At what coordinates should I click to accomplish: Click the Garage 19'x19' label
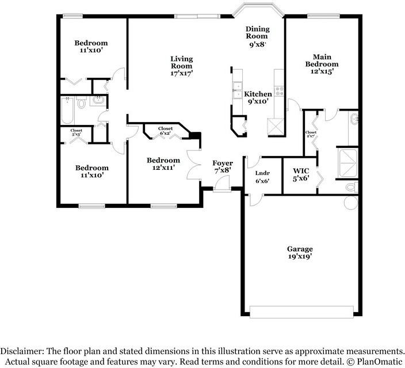tap(300, 253)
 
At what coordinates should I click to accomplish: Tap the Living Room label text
tap(181, 66)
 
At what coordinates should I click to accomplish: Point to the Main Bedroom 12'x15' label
tap(322, 64)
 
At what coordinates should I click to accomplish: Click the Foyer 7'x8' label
tap(223, 167)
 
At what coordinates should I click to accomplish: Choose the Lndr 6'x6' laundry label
tap(262, 176)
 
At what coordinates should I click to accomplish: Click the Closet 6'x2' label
tap(166, 131)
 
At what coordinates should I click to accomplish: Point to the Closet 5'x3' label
tap(76, 133)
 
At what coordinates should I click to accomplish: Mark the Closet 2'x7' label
tap(311, 135)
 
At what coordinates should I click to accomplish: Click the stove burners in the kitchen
tap(279, 90)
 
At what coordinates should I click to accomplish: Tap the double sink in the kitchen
tap(237, 90)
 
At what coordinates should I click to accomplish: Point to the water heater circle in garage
tap(351, 202)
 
